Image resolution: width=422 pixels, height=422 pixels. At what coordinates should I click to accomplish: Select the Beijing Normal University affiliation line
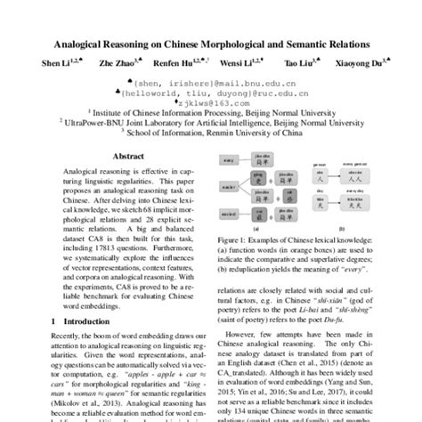pos(211,113)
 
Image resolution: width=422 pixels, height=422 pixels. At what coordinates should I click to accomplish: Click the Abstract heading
pos(127,154)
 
